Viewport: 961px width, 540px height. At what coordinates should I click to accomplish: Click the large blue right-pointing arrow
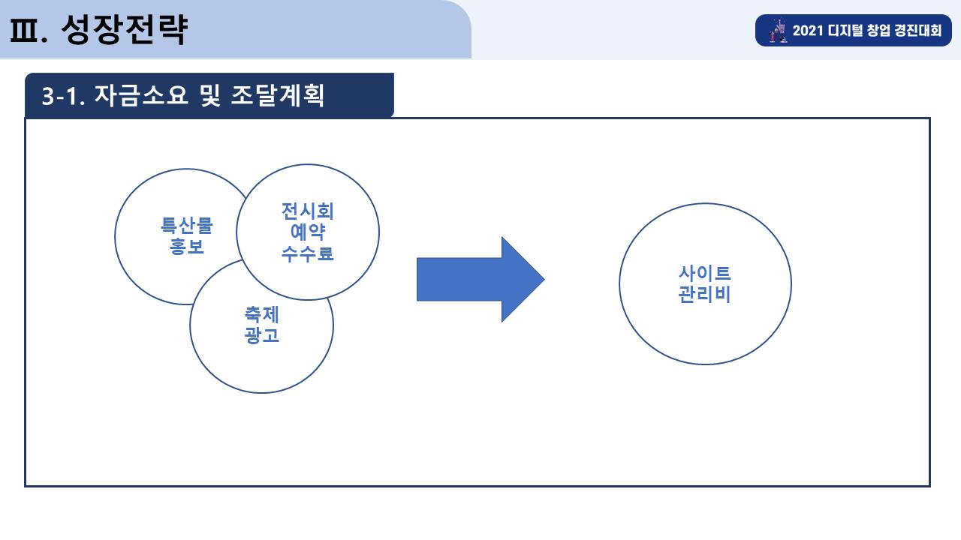[x=480, y=280]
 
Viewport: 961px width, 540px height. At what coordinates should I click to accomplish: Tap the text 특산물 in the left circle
[x=187, y=226]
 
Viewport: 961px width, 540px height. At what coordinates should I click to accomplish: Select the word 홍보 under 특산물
[x=187, y=247]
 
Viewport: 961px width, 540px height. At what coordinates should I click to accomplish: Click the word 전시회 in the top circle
[x=308, y=211]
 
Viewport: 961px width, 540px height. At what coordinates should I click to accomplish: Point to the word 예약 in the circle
[x=308, y=232]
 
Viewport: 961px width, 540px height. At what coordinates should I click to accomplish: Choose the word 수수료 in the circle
[x=308, y=253]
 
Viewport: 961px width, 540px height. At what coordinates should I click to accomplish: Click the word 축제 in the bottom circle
[x=262, y=314]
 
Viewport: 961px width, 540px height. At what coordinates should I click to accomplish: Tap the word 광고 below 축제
[x=262, y=335]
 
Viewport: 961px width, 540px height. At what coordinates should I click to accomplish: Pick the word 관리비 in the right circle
[x=705, y=294]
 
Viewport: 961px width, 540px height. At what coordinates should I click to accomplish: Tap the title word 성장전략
[x=125, y=29]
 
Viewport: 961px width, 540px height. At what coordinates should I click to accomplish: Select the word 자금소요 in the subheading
[x=141, y=95]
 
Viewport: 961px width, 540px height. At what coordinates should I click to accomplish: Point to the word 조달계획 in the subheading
[x=278, y=95]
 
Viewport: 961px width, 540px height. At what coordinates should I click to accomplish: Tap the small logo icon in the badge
[x=778, y=30]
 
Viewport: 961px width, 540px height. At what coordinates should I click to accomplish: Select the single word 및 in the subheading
[x=209, y=95]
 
